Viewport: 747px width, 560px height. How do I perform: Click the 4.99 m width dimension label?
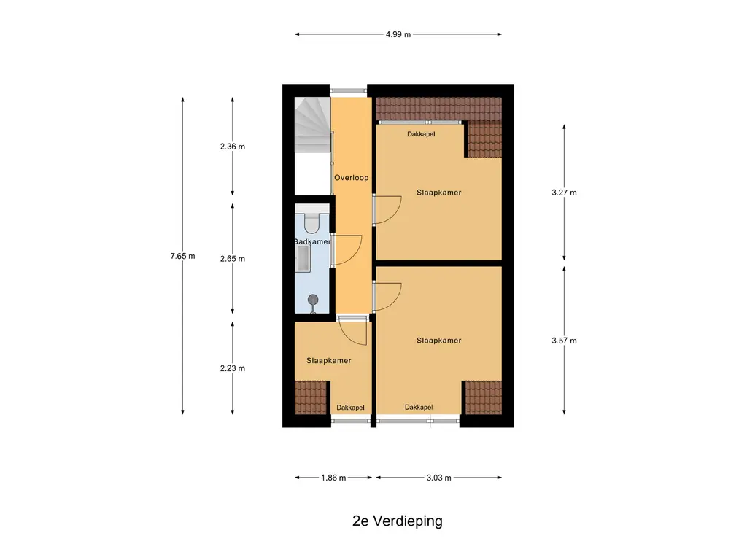pos(398,34)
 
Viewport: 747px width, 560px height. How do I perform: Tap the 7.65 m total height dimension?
pos(182,256)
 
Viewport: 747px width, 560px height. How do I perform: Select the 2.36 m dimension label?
pos(233,147)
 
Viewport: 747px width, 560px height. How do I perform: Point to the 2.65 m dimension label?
pos(233,259)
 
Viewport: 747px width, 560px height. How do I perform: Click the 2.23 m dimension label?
pos(233,368)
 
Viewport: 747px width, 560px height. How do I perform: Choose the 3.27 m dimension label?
pos(564,192)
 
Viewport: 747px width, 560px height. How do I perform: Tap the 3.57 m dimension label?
pos(564,341)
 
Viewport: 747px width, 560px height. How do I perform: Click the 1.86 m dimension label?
pos(333,478)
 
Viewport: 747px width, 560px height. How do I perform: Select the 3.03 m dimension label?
pos(438,478)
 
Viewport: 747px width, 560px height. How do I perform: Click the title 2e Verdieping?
pos(398,521)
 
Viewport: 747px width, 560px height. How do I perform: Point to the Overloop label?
pos(351,178)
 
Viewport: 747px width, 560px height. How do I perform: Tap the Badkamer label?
pos(312,241)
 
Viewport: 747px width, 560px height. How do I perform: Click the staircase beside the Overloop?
pos(312,124)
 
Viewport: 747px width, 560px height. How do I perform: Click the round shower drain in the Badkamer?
pos(313,300)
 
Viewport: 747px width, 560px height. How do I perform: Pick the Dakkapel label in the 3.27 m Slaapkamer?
pos(421,134)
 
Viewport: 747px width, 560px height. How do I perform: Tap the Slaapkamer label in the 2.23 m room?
pos(329,360)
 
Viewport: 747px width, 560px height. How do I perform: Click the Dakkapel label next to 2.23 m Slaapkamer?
pos(351,408)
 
